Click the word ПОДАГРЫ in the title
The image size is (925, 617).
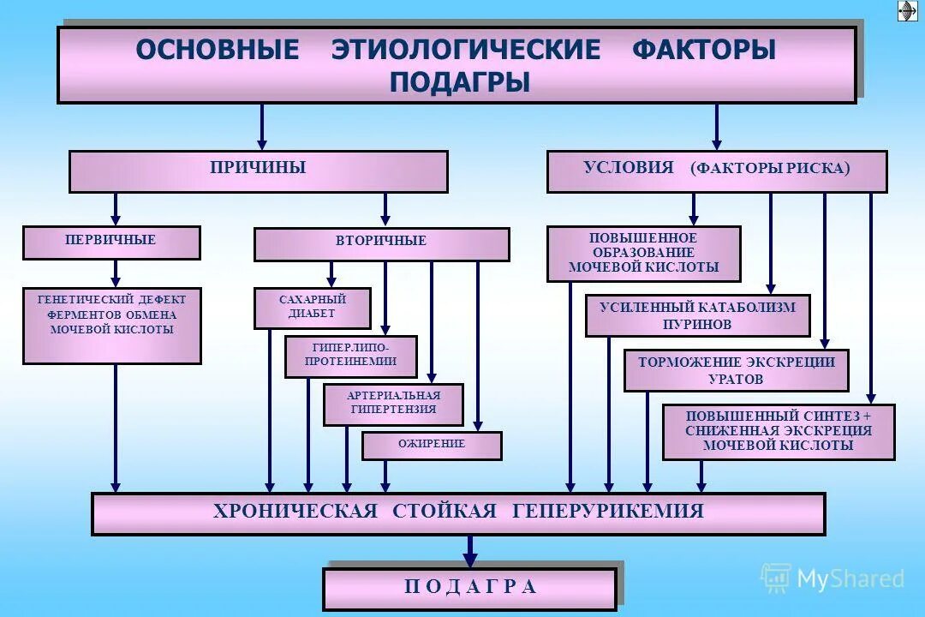[x=459, y=82]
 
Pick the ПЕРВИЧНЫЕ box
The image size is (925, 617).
[x=111, y=243]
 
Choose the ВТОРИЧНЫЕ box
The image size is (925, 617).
[x=381, y=244]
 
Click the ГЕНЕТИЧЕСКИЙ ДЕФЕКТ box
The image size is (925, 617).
[x=112, y=326]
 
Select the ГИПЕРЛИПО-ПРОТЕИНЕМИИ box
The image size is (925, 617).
[x=351, y=356]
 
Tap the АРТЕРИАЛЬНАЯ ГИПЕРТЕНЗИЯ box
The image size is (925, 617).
[x=393, y=404]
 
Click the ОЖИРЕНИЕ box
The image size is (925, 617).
[x=432, y=446]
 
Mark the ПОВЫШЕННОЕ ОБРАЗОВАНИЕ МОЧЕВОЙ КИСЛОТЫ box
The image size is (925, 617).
[x=644, y=254]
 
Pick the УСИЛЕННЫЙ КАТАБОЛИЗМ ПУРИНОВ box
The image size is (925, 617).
[x=697, y=315]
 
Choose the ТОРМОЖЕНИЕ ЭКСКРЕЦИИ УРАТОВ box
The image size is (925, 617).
[x=736, y=370]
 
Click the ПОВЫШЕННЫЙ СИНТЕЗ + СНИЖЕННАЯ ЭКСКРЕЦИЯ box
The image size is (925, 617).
[x=779, y=432]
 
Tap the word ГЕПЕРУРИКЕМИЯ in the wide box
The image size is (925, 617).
[x=608, y=512]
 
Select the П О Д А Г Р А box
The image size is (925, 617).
[x=469, y=589]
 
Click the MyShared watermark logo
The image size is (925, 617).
[x=832, y=578]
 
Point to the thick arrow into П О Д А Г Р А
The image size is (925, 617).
[x=469, y=551]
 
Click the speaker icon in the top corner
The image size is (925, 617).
[x=907, y=10]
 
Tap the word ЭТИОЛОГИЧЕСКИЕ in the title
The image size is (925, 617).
[x=466, y=50]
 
